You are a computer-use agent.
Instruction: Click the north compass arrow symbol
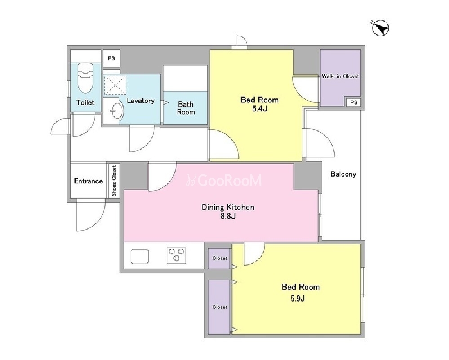[380, 28]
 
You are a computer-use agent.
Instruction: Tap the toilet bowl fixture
[85, 78]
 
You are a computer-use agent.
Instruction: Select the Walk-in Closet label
[340, 76]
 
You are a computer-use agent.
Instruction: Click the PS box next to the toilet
[111, 58]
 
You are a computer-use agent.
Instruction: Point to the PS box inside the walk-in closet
[354, 102]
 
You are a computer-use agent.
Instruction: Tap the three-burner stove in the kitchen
[176, 255]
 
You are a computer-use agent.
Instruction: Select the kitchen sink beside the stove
[140, 256]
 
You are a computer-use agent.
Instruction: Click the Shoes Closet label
[114, 181]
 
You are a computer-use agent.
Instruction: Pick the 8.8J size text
[228, 216]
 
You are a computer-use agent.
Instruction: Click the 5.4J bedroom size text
[259, 109]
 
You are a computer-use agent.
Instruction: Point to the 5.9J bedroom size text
[298, 298]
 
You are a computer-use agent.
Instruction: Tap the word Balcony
[343, 174]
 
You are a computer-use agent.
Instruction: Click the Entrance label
[88, 181]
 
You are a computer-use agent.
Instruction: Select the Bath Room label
[186, 108]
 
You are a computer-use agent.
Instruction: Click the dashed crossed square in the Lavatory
[115, 85]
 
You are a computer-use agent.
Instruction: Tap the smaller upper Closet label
[220, 258]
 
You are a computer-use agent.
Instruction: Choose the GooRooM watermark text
[224, 180]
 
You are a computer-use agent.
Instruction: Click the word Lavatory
[141, 101]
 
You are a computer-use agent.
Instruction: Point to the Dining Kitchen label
[228, 207]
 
